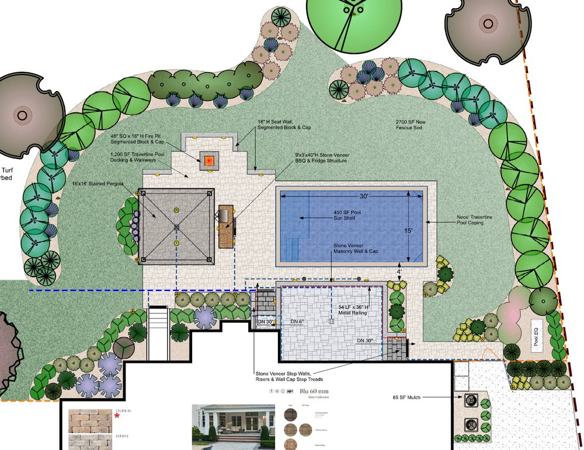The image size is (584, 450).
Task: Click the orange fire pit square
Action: (x=210, y=160)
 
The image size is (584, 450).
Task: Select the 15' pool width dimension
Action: (x=409, y=231)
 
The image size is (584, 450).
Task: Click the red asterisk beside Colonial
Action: (x=117, y=417)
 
